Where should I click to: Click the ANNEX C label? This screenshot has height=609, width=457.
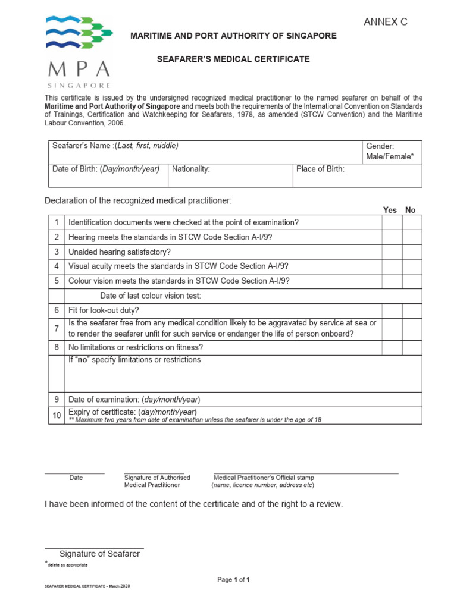coord(386,23)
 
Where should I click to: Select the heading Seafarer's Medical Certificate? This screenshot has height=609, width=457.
coord(233,59)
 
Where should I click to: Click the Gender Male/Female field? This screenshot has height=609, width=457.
coord(390,152)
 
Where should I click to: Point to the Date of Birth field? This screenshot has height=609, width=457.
coord(106,169)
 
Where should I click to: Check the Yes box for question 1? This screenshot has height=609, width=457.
coord(392,222)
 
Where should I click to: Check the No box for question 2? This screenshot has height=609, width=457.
coord(412,237)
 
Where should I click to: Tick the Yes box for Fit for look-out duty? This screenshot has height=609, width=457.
coord(392,310)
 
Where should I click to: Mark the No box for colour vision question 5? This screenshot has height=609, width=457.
coord(412,281)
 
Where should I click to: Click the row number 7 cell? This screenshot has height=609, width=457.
coord(57,329)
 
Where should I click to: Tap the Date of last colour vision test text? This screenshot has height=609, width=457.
coord(151,296)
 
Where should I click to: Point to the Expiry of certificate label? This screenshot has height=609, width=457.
coord(133,412)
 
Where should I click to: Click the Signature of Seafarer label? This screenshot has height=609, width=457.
coord(99,554)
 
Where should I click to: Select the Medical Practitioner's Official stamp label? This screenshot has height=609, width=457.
coord(264,478)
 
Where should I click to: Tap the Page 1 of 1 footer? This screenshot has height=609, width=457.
coord(233,580)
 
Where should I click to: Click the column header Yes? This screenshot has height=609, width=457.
coord(390,210)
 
